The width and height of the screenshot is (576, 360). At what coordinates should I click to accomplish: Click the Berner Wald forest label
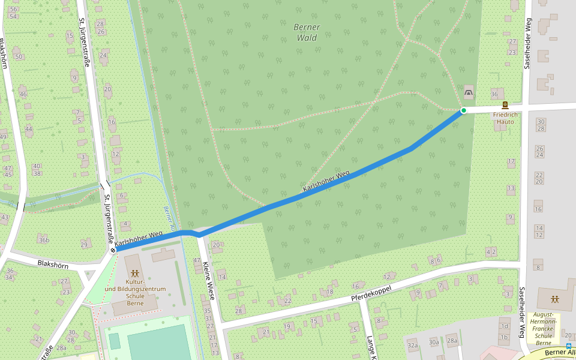(x=308, y=32)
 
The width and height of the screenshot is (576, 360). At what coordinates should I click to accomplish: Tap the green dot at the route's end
(x=464, y=110)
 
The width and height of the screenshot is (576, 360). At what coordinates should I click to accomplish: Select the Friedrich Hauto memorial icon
(x=505, y=105)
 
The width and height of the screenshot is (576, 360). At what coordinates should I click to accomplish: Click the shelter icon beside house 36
(x=468, y=92)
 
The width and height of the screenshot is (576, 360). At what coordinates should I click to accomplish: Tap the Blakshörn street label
(x=53, y=264)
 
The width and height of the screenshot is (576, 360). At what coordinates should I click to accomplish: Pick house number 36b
(x=44, y=240)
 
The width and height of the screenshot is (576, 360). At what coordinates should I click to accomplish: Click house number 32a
(x=412, y=346)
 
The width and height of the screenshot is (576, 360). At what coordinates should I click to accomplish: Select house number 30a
(x=433, y=341)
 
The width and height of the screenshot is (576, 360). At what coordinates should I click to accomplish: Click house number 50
(x=19, y=57)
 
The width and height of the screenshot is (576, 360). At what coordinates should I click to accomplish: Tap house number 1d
(x=504, y=326)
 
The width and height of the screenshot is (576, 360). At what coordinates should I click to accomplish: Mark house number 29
(x=84, y=244)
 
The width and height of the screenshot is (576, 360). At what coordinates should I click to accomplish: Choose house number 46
(x=23, y=94)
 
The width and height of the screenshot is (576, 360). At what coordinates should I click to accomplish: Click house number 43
(x=5, y=217)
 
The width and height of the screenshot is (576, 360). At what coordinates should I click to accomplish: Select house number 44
(x=29, y=129)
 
